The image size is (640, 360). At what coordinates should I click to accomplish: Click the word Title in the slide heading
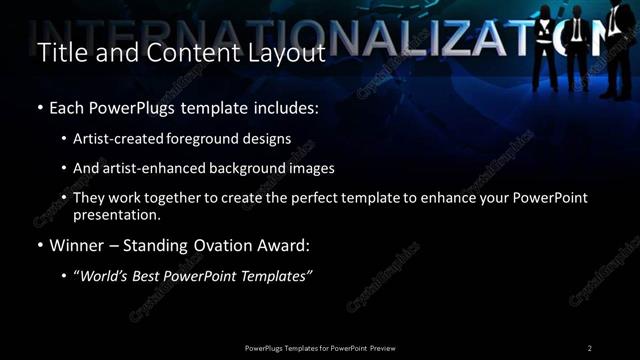(x=59, y=52)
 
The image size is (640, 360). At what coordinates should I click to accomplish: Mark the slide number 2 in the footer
(x=590, y=347)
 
